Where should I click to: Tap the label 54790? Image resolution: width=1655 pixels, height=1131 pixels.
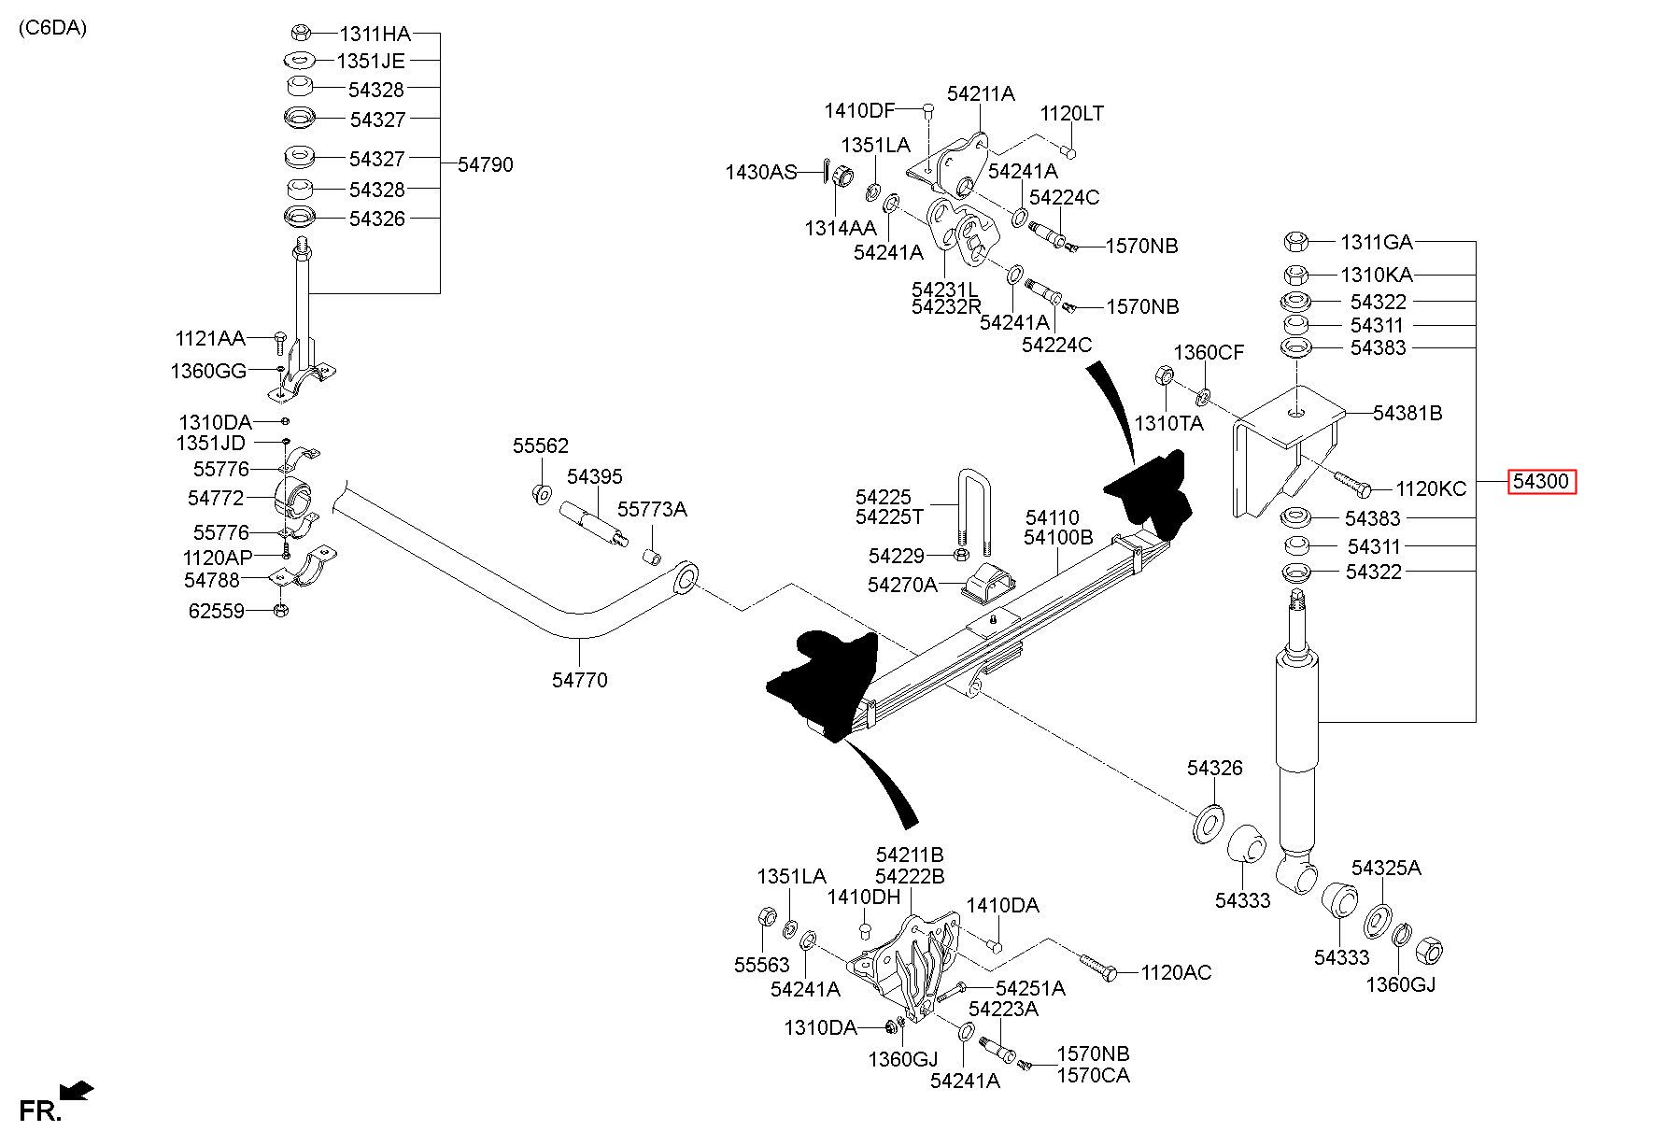[x=486, y=165]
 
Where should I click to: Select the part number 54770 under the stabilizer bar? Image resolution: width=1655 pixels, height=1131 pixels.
[x=579, y=680]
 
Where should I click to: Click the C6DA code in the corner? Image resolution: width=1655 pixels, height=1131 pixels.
[x=52, y=28]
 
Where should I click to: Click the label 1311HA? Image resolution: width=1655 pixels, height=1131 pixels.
[x=375, y=35]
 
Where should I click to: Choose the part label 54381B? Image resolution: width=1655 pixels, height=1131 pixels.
[x=1407, y=413]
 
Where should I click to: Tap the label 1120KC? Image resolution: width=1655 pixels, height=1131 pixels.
[x=1431, y=488]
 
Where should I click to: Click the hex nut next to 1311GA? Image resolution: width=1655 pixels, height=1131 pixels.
[x=1295, y=242]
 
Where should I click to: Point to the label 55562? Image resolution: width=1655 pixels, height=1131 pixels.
[x=540, y=446]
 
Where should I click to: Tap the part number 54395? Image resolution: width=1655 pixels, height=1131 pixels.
[x=594, y=477]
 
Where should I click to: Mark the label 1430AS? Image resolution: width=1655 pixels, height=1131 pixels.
[x=761, y=172]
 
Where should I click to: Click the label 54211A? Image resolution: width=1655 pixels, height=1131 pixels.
[x=981, y=94]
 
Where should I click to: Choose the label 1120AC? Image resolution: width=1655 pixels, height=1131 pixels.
[x=1176, y=973]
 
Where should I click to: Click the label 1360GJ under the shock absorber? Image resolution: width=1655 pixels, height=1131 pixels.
[x=1400, y=983]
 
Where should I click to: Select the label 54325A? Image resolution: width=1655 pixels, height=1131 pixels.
[x=1386, y=868]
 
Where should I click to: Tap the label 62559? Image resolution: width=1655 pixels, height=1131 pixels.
[x=216, y=611]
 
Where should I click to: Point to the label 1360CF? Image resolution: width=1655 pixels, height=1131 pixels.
[x=1209, y=352]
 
